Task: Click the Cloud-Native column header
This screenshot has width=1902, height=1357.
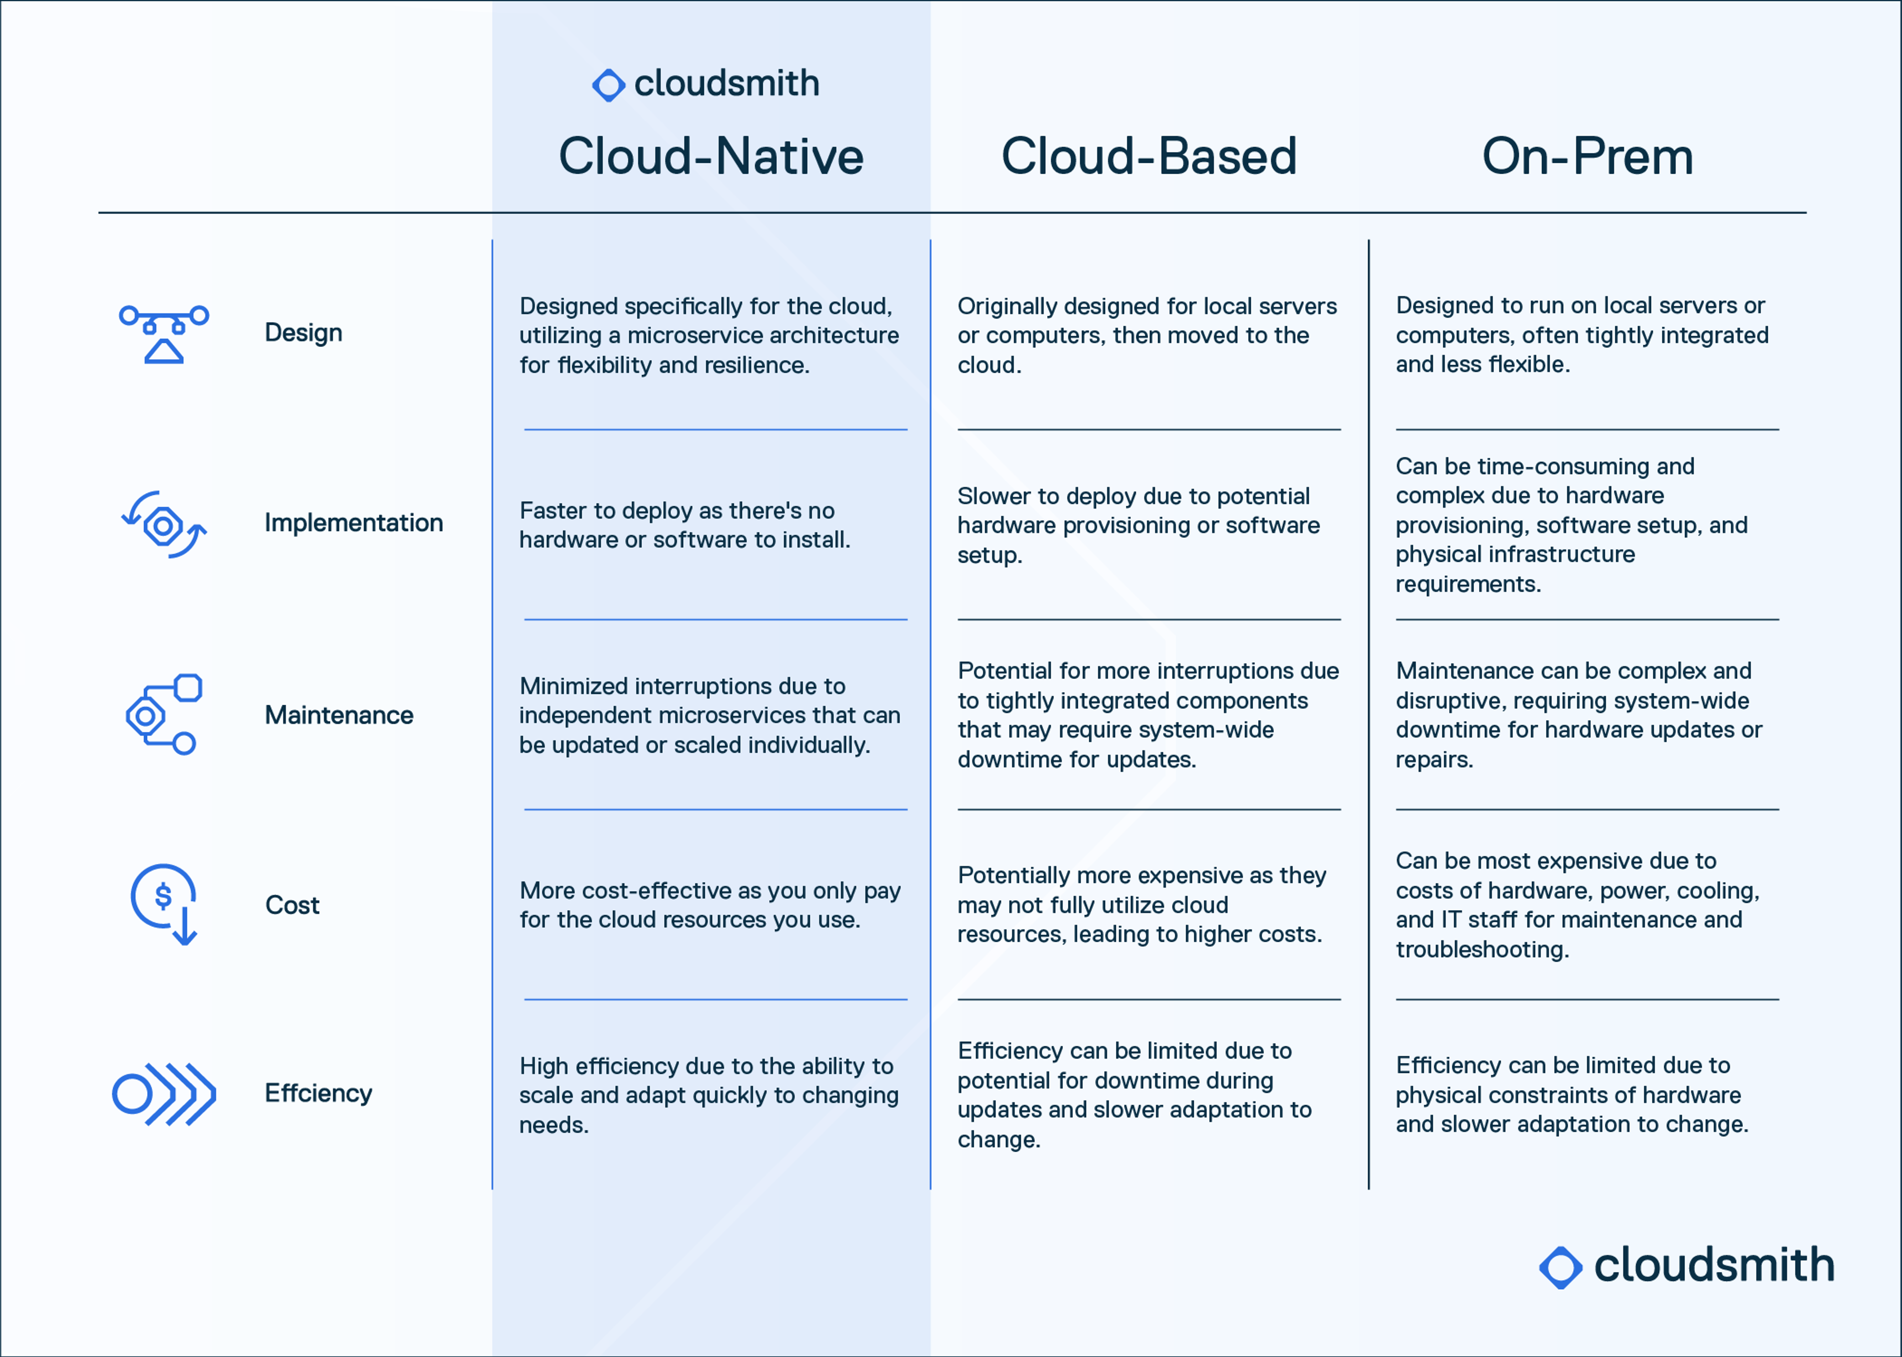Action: pos(711,156)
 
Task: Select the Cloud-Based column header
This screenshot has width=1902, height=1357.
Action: pos(1149,156)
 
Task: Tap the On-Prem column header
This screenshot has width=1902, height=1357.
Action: pos(1587,156)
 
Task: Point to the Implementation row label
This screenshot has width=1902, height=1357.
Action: pos(354,523)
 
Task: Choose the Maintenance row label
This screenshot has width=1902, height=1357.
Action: pos(339,715)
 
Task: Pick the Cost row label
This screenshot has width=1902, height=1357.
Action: pos(292,905)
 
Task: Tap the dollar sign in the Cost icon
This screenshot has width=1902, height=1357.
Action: pos(164,896)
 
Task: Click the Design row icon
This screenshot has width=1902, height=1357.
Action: pos(164,334)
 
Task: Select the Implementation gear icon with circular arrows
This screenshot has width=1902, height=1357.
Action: pos(164,525)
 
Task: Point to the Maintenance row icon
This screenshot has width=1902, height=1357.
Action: pos(164,715)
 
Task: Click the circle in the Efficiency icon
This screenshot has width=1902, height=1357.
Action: pos(132,1094)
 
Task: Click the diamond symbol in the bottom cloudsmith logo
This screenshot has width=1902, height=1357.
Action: pos(1560,1267)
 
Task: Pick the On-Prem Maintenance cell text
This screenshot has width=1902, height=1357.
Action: pos(1579,715)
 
